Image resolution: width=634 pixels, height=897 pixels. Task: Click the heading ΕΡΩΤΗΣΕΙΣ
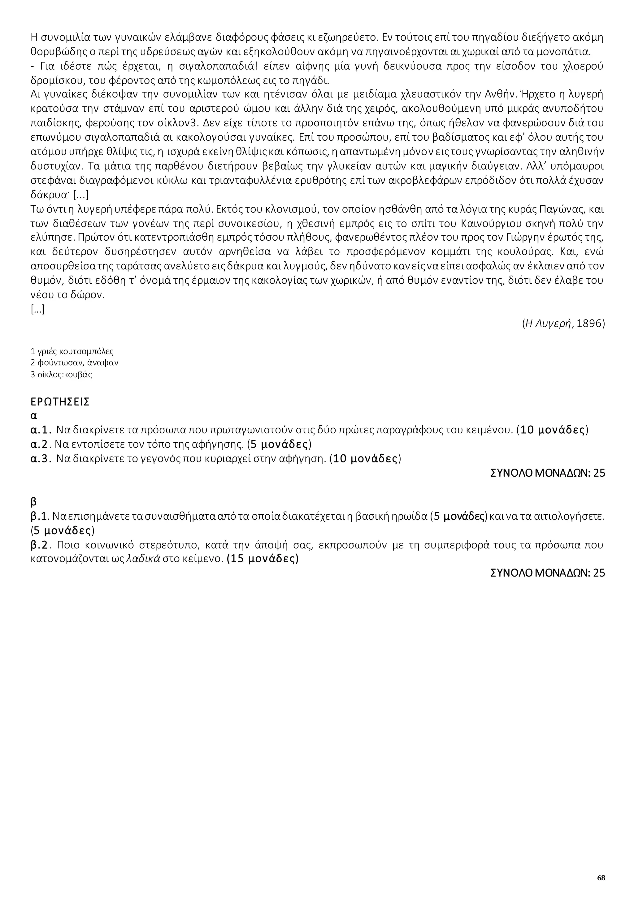click(x=60, y=402)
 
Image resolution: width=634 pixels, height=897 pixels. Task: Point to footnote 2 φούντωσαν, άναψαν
click(x=74, y=363)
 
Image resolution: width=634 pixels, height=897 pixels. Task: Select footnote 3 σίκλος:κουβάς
click(x=61, y=374)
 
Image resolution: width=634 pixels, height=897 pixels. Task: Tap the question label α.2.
click(x=40, y=444)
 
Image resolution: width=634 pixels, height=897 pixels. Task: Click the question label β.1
click(x=39, y=517)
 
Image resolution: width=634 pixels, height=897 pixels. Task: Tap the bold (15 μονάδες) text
click(x=263, y=559)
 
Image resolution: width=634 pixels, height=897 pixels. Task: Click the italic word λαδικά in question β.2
click(x=147, y=559)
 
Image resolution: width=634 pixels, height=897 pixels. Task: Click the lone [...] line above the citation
click(x=37, y=310)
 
